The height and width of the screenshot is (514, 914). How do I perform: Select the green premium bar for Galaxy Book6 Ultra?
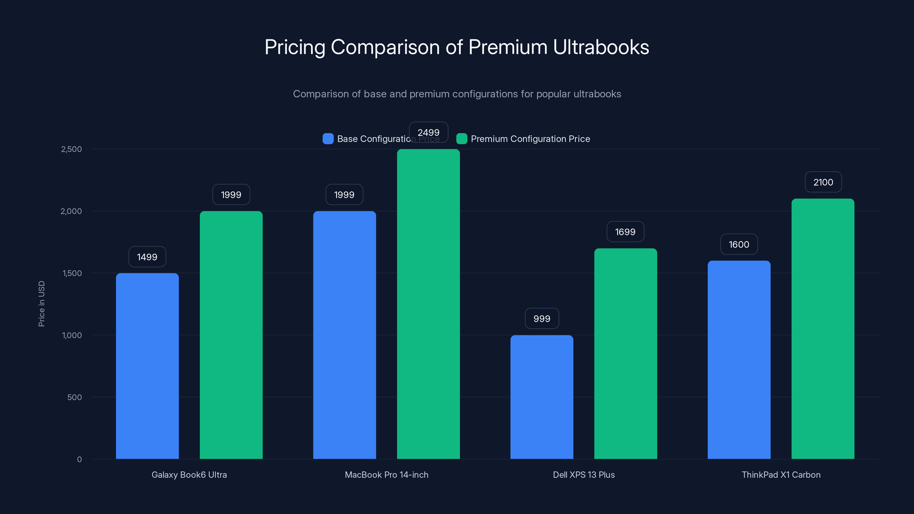point(231,335)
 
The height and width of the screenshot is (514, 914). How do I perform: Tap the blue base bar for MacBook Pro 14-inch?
point(344,335)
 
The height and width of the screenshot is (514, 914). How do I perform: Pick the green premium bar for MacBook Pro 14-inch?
point(428,304)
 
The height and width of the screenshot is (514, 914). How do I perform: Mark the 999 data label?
point(542,319)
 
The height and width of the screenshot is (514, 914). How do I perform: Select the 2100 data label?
point(823,182)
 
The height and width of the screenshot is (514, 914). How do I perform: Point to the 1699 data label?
point(625,232)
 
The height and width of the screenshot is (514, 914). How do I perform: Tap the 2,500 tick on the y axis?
point(71,149)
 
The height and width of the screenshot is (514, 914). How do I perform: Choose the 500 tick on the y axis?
point(75,397)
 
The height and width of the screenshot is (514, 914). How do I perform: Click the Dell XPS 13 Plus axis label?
point(584,475)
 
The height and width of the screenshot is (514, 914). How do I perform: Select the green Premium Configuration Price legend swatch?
point(462,139)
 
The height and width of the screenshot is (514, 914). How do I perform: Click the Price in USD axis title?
point(41,304)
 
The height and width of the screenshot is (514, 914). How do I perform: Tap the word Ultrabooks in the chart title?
point(601,47)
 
